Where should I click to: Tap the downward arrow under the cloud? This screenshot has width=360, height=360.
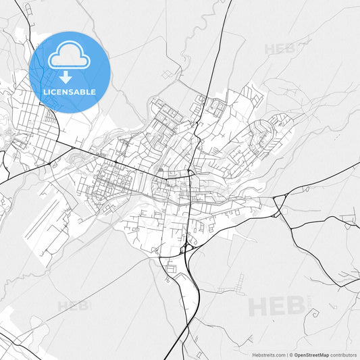(66, 78)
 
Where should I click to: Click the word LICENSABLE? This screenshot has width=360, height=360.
(70, 92)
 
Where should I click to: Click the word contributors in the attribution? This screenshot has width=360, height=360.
(344, 355)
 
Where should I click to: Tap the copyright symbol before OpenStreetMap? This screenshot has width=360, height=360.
(291, 355)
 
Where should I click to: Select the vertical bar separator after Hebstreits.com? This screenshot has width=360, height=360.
(286, 355)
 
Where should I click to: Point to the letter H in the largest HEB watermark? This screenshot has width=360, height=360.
(257, 306)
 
